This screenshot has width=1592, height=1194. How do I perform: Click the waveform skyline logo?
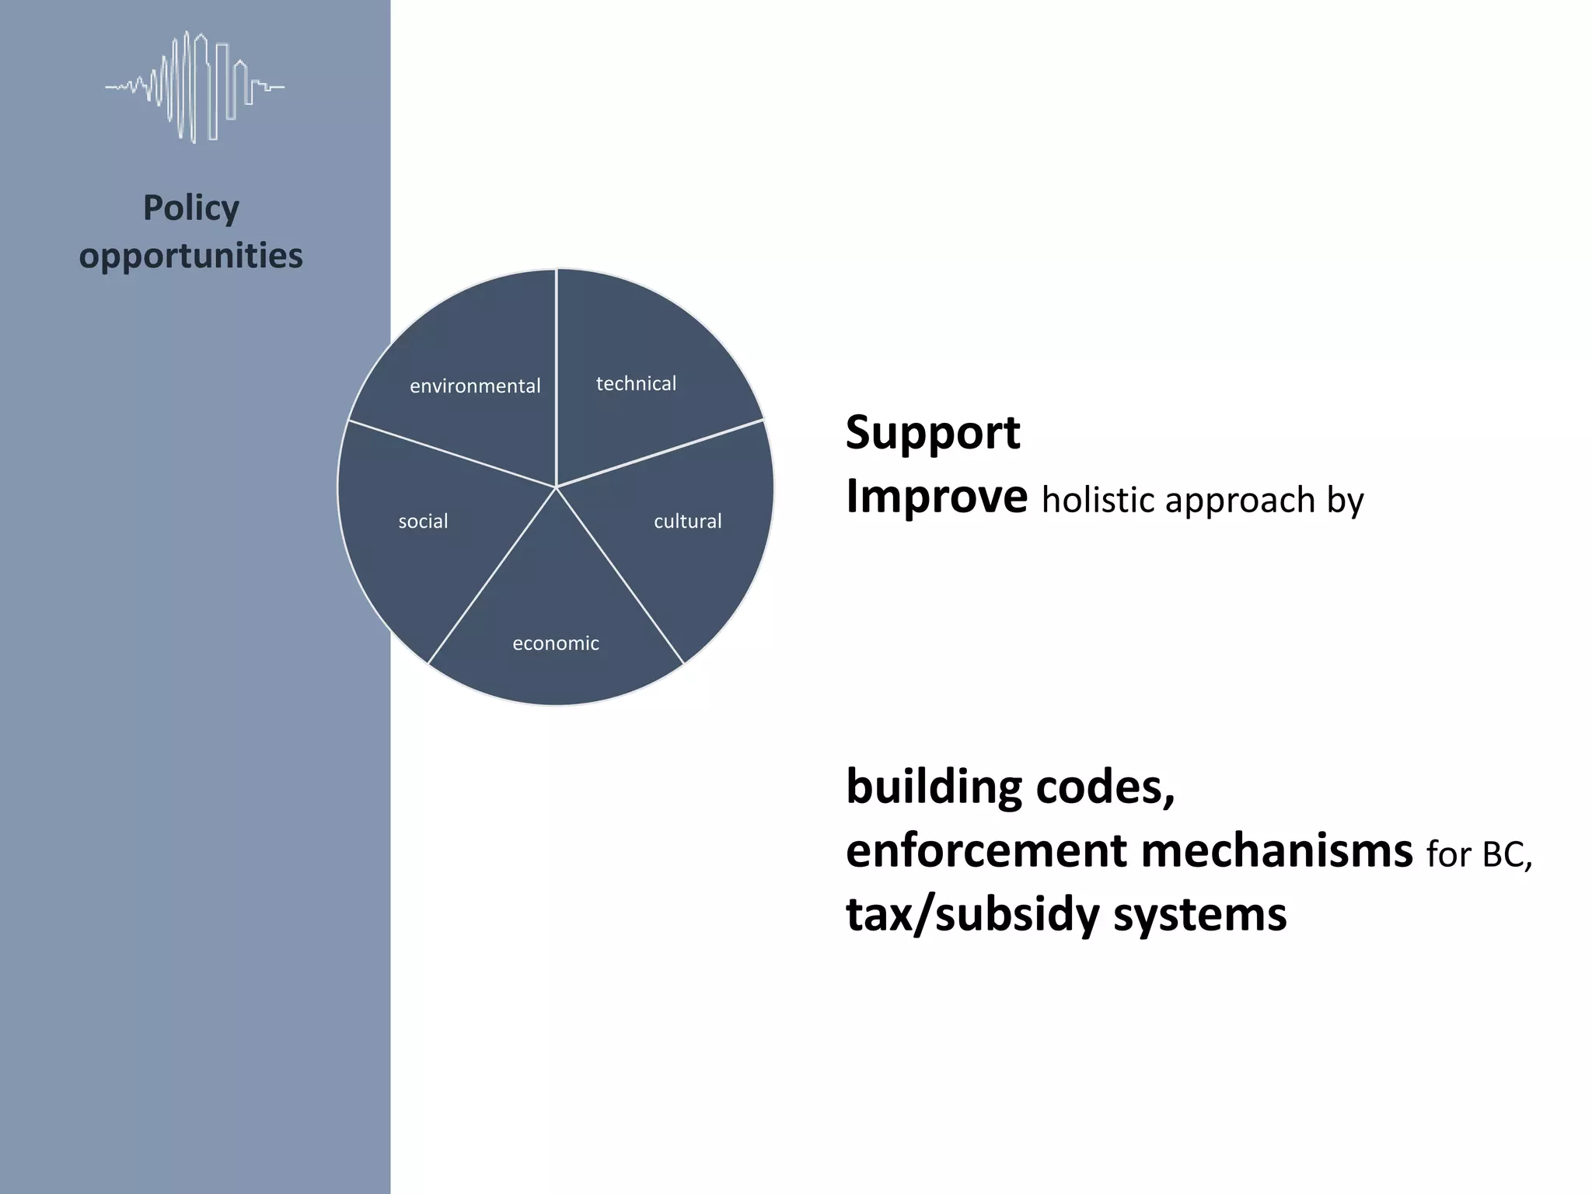pyautogui.click(x=194, y=86)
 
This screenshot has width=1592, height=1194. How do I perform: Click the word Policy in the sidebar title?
pyautogui.click(x=191, y=208)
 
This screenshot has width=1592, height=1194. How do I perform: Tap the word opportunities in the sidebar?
pyautogui.click(x=191, y=256)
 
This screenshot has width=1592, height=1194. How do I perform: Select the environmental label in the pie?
pyautogui.click(x=475, y=386)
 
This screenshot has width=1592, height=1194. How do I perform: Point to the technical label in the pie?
pyautogui.click(x=636, y=383)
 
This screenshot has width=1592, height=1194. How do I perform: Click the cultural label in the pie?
pyautogui.click(x=687, y=521)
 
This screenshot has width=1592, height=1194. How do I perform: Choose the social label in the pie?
pyautogui.click(x=423, y=521)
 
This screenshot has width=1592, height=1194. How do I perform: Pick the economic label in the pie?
pyautogui.click(x=556, y=643)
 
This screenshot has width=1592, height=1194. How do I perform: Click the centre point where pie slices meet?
pyautogui.click(x=556, y=487)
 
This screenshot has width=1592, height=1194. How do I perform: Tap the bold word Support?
pyautogui.click(x=933, y=432)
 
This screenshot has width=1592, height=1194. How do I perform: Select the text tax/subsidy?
pyautogui.click(x=972, y=914)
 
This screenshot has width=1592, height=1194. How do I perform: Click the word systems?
pyautogui.click(x=1200, y=916)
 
